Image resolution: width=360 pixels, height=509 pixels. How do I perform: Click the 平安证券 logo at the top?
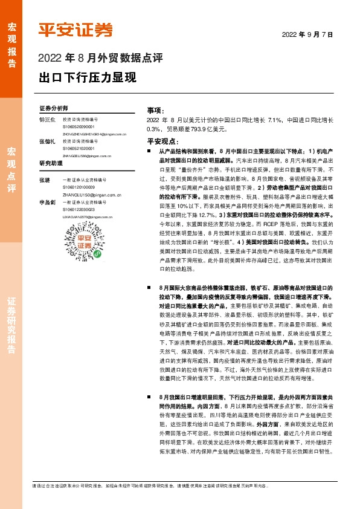pyautogui.click(x=76, y=30)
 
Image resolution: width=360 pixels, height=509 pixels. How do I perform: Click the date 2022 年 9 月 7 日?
pyautogui.click(x=307, y=34)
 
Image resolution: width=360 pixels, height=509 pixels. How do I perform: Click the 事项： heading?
pyautogui.click(x=156, y=111)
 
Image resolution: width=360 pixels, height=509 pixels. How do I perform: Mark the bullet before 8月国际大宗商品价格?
pyautogui.click(x=149, y=290)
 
